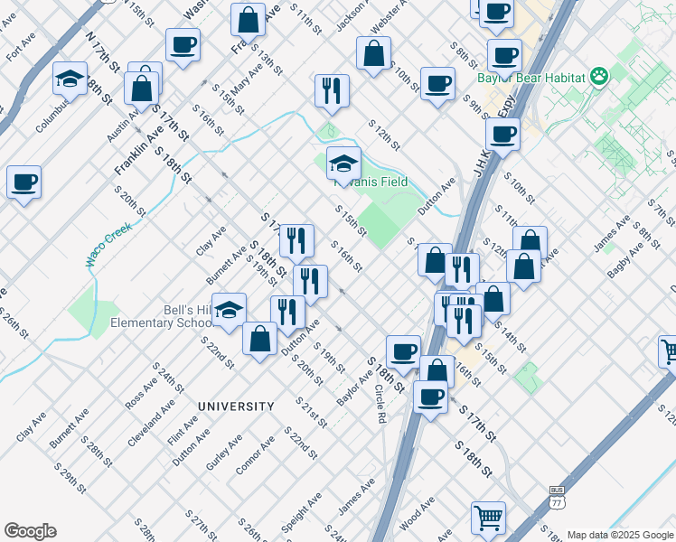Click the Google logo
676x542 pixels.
click(x=30, y=531)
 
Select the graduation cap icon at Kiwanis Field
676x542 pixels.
click(x=343, y=164)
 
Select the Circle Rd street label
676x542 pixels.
click(x=381, y=405)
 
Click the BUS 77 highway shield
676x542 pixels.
click(x=557, y=500)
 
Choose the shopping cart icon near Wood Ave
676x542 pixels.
click(x=488, y=518)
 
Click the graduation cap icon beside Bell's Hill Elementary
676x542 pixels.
click(x=230, y=310)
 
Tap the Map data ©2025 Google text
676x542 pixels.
click(x=621, y=535)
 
